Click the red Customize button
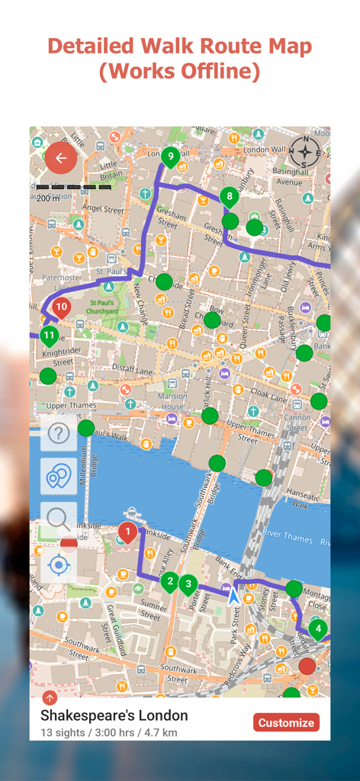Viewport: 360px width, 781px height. (x=286, y=722)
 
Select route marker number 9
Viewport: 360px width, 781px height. (x=170, y=158)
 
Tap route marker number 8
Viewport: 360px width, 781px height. (x=230, y=197)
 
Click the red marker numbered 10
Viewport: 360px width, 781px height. (x=62, y=308)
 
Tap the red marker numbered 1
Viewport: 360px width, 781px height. (x=128, y=532)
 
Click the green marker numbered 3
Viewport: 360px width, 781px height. (x=188, y=585)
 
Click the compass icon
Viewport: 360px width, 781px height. (x=305, y=152)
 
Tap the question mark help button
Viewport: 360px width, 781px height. (x=59, y=433)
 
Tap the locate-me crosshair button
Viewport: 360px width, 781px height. (x=59, y=565)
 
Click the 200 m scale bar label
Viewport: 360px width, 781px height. (x=48, y=198)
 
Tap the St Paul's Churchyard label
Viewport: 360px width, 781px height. (x=101, y=307)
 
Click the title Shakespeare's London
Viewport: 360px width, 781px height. (x=114, y=715)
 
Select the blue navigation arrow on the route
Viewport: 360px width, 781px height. (x=233, y=595)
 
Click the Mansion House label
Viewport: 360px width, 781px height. (x=172, y=401)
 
